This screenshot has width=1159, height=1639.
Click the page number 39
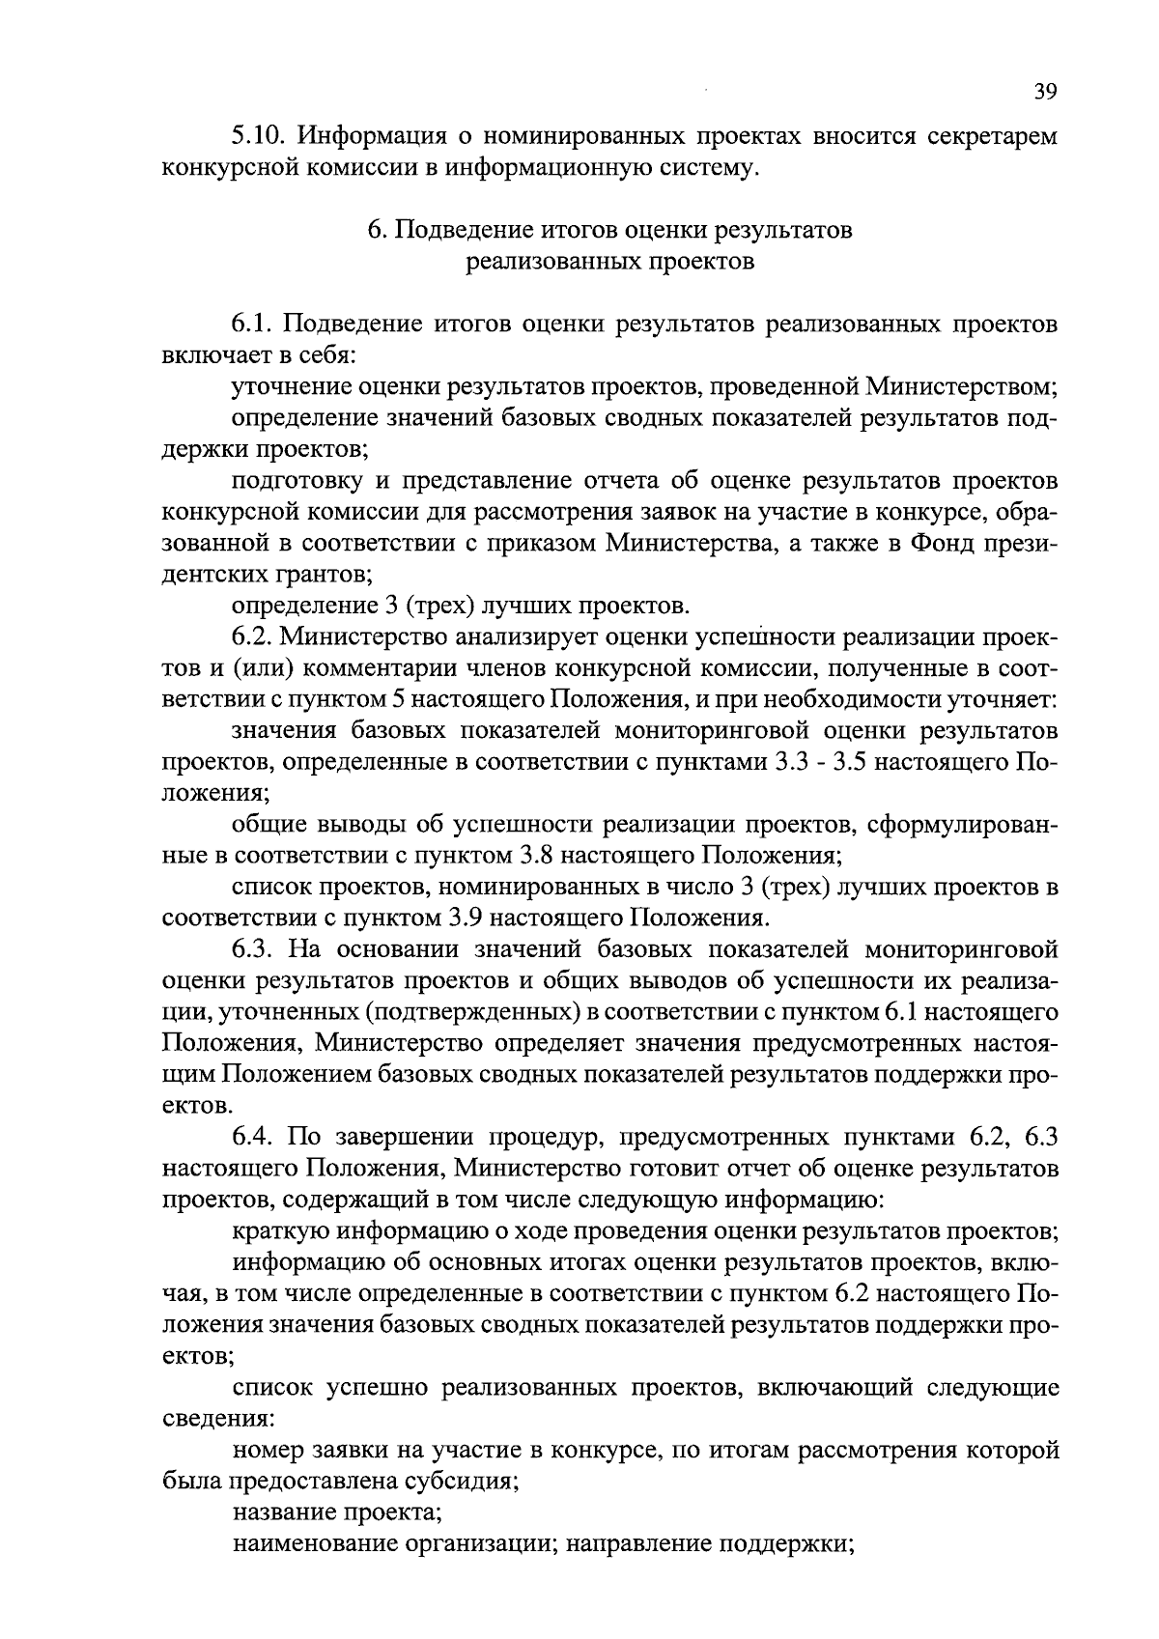click(x=1046, y=93)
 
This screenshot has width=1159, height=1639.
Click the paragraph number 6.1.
click(x=249, y=325)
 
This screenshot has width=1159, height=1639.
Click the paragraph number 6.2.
click(x=250, y=637)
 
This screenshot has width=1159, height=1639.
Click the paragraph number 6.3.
click(x=250, y=948)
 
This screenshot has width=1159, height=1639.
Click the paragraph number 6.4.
click(x=250, y=1136)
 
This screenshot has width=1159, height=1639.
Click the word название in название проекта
click(x=279, y=1512)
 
